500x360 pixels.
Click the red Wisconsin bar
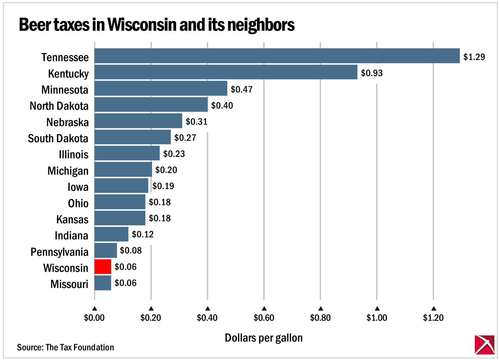103,267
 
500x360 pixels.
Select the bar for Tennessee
277,56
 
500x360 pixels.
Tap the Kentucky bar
226,72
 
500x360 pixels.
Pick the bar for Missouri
103,283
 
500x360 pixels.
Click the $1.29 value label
474,57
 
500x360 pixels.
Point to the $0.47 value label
241,89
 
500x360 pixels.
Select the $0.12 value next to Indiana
142,234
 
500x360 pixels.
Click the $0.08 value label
131,250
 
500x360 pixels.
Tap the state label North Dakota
59,106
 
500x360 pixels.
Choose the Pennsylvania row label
59,252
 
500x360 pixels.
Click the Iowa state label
78,187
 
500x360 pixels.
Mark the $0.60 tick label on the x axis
264,318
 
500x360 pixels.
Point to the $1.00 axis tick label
377,318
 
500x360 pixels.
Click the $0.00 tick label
94,318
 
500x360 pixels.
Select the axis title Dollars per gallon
264,338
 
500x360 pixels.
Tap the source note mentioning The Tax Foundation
66,347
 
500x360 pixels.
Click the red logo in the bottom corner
484,345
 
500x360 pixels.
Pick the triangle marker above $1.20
434,308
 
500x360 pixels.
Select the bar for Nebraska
138,121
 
